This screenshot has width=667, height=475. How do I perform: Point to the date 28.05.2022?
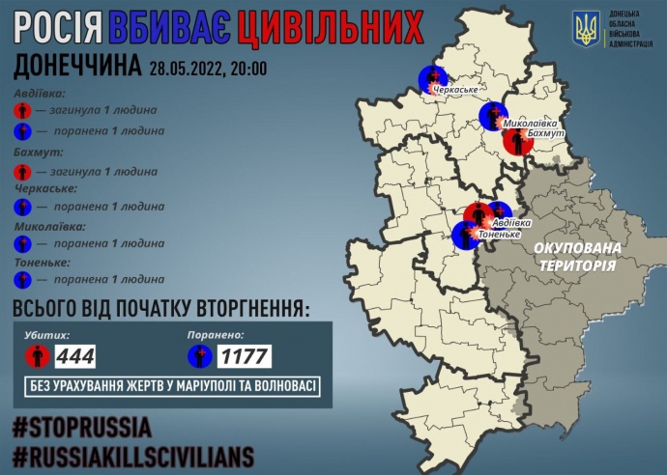click(x=188, y=69)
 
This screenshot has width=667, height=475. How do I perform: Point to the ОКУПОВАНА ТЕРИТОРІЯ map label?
click(x=574, y=256)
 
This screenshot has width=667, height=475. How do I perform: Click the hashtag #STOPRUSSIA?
click(x=81, y=426)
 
